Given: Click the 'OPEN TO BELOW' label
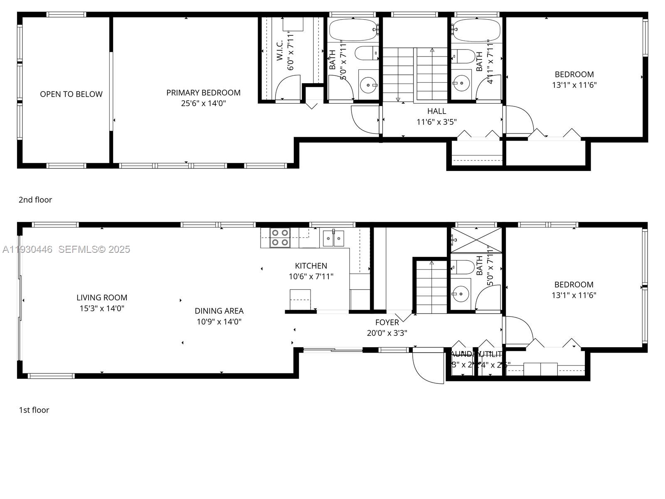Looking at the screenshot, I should (x=71, y=94).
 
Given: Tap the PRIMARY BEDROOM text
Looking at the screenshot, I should (x=203, y=93).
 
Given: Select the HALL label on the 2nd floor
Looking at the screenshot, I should (x=436, y=111).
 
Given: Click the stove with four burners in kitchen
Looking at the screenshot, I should (x=279, y=238).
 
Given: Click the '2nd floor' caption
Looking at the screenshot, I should (x=35, y=200).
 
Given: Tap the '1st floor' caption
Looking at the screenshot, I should (x=34, y=410).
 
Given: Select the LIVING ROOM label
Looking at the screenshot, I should (x=102, y=298).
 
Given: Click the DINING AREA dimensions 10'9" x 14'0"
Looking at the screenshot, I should (x=219, y=321).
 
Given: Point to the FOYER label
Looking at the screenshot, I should (x=387, y=322).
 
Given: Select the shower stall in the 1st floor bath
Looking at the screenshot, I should (x=476, y=240).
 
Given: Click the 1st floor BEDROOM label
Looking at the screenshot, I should (x=574, y=285).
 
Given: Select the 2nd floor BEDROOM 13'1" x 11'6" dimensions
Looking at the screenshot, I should (x=574, y=85).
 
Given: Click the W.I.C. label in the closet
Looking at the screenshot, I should (x=280, y=50).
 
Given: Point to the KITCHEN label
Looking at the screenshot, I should (x=311, y=266).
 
